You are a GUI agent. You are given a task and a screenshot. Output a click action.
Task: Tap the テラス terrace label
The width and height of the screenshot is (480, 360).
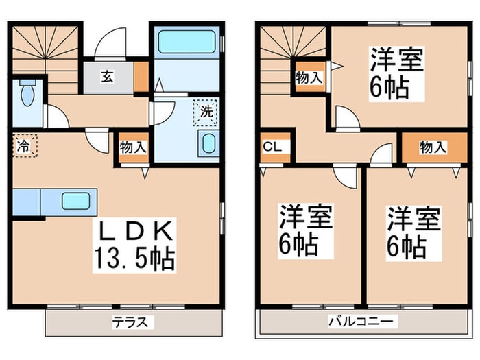(130, 321)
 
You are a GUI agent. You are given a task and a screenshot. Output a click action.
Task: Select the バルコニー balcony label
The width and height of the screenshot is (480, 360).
(359, 321)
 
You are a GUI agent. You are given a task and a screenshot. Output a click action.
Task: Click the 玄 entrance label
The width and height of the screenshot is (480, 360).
(108, 75)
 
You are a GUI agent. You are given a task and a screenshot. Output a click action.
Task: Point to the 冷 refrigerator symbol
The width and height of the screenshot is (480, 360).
(23, 146)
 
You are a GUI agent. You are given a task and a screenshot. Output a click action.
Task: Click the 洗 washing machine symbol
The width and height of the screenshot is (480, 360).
(206, 110)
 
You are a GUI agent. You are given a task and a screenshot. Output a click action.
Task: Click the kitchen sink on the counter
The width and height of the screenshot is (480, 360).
(75, 201)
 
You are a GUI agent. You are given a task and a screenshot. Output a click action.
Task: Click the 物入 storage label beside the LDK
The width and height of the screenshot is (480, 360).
(132, 147)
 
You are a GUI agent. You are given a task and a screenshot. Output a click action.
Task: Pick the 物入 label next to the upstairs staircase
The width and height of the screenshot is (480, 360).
(309, 77)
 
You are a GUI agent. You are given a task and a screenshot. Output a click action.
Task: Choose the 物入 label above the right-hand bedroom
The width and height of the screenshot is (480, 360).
(433, 146)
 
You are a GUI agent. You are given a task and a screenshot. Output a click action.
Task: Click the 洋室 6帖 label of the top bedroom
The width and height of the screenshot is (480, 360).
(395, 73)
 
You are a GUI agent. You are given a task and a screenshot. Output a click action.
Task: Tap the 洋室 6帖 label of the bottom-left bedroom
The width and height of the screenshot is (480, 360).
(305, 229)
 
